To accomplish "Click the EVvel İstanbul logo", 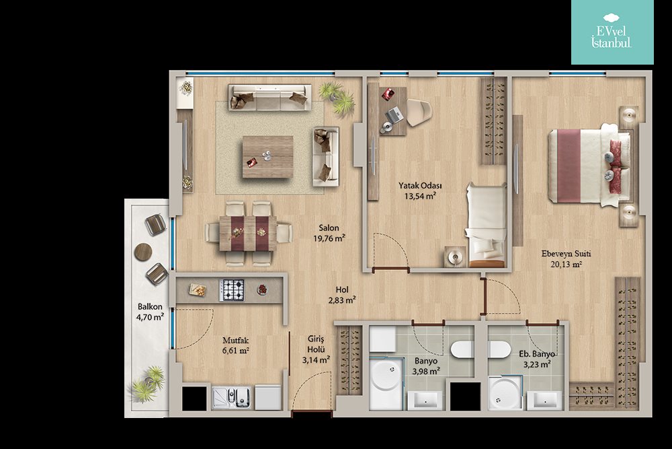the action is coord(612,32).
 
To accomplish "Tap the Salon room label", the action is coord(329,228).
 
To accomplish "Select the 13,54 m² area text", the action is coord(420,196).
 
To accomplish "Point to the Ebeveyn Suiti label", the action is coord(566,254).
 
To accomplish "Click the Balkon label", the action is coord(150,306).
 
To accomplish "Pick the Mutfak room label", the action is coord(235,341).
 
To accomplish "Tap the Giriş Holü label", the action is coord(316,344).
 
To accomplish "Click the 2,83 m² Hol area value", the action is coord(341,300).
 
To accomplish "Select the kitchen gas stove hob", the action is coord(232,289).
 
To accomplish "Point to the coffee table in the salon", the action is coord(268,157).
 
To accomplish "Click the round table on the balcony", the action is coord(143,252).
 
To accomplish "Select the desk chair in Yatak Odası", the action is coord(419,112).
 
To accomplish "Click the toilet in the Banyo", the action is coord(462,349).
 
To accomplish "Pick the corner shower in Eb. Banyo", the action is coord(505,392).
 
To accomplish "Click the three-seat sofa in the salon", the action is coord(270,98).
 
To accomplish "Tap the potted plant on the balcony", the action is coord(147,384).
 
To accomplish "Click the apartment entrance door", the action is coord(312,414).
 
